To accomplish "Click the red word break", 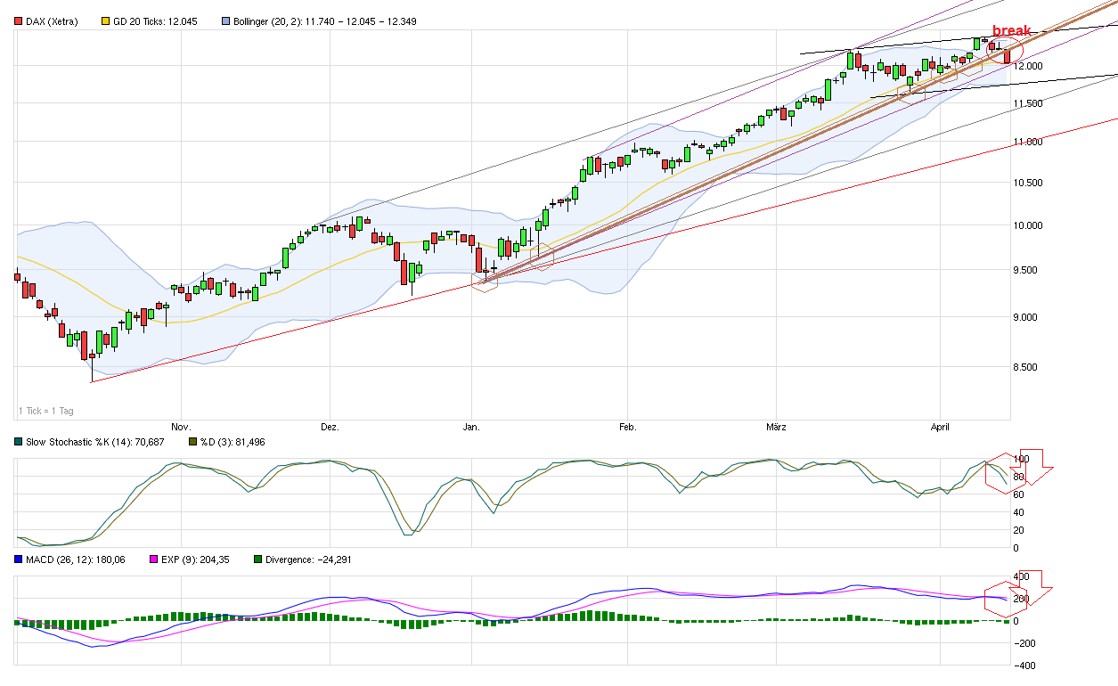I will pyautogui.click(x=1011, y=30).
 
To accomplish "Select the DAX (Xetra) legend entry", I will pyautogui.click(x=50, y=20).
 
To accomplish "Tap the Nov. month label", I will pyautogui.click(x=181, y=428).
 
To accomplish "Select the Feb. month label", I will pyautogui.click(x=627, y=428).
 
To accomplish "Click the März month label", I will pyautogui.click(x=775, y=428).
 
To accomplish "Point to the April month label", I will pyautogui.click(x=941, y=428).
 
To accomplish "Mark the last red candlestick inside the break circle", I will pyautogui.click(x=1008, y=56).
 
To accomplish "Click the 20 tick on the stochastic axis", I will pyautogui.click(x=1019, y=530).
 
